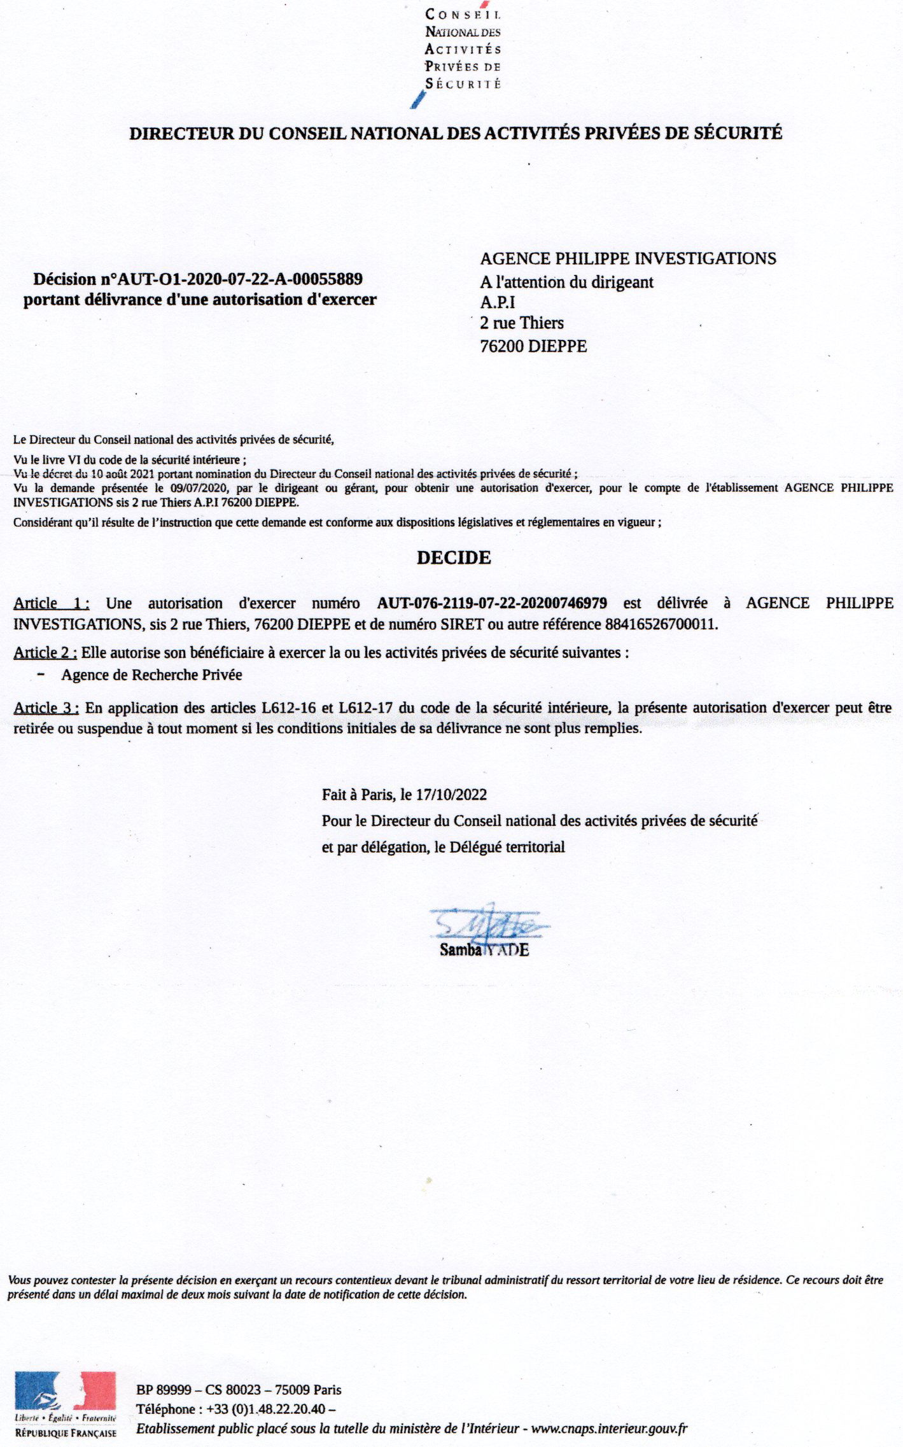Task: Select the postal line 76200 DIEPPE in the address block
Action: [533, 347]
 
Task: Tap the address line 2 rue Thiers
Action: [522, 323]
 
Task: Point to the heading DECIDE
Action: [454, 558]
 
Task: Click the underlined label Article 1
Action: [51, 603]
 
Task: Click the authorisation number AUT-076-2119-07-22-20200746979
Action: [492, 603]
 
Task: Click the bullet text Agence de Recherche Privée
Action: [151, 675]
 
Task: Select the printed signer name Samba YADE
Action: [484, 950]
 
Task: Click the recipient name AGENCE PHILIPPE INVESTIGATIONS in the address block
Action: [627, 258]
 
